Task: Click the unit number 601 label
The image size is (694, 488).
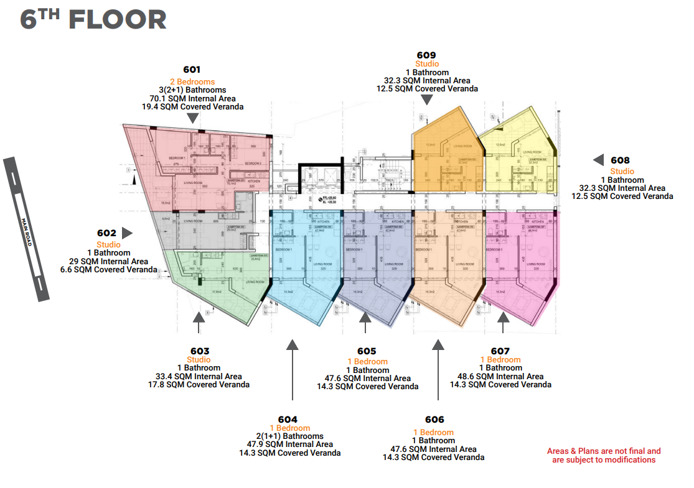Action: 192,70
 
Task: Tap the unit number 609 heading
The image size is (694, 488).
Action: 427,55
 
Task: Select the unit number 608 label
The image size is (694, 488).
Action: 620,160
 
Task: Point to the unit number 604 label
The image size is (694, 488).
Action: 288,419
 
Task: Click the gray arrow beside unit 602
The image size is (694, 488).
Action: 127,233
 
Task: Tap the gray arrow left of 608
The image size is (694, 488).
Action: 598,160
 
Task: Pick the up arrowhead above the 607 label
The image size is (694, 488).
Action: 504,318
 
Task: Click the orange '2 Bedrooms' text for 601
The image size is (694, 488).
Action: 192,82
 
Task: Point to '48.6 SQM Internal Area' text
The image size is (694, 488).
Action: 500,376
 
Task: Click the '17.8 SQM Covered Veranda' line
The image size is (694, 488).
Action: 202,385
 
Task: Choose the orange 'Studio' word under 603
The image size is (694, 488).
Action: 199,360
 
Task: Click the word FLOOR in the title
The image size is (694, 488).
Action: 118,20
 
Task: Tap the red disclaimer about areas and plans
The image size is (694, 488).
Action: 604,456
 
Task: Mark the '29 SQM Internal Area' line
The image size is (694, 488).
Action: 109,261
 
